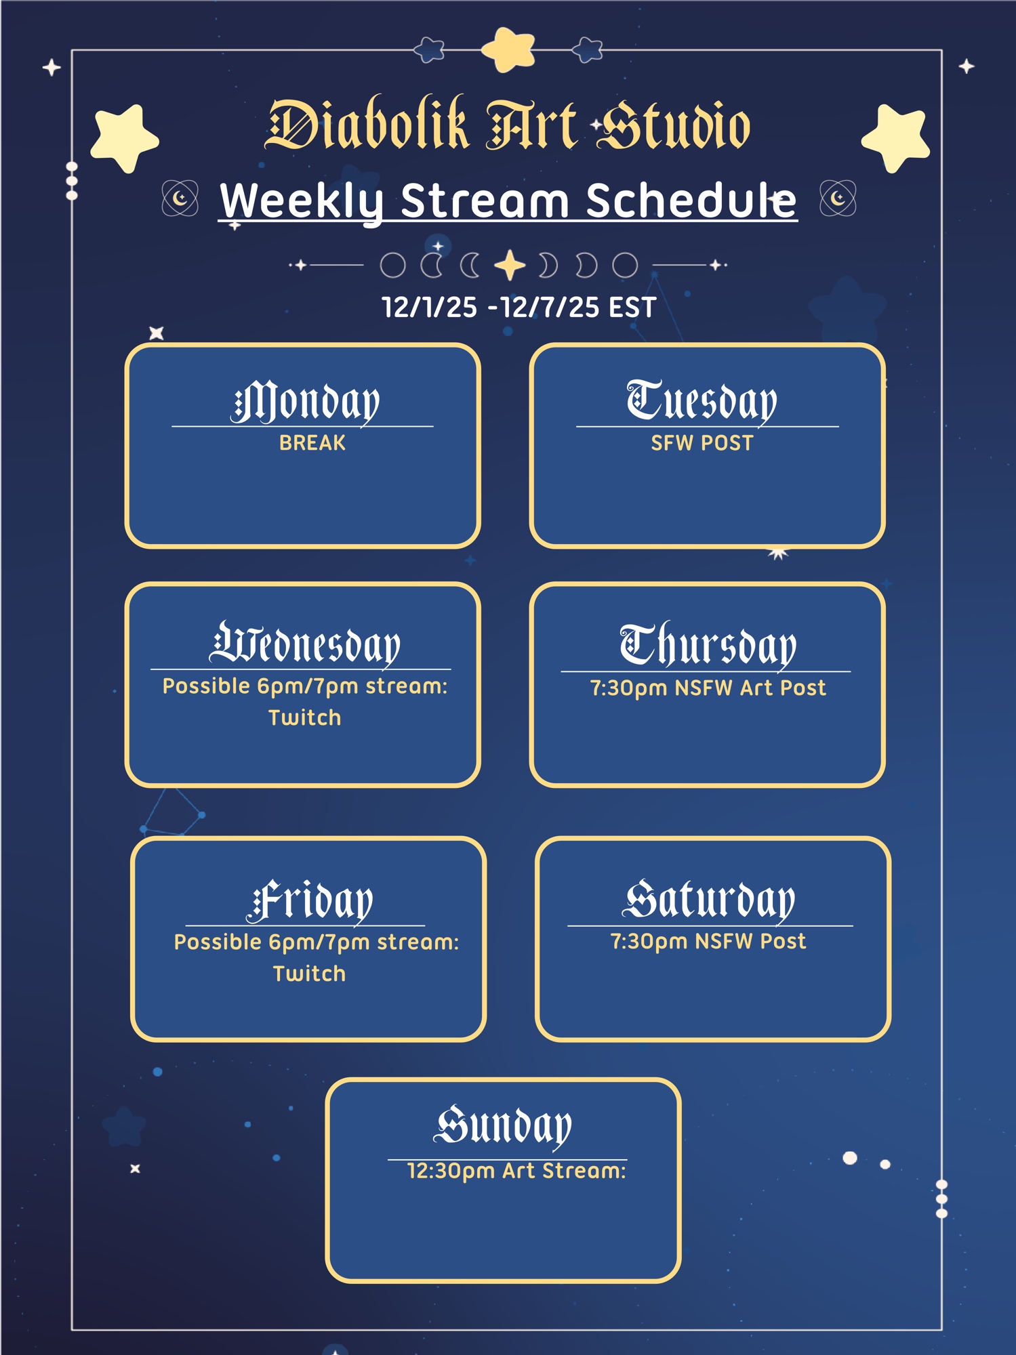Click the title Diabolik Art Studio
coord(508,125)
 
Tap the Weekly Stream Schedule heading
coord(508,201)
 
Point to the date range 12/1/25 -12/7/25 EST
coord(519,308)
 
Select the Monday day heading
coord(305,402)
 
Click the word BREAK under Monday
coord(312,443)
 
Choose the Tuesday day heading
coord(702,402)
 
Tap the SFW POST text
coord(702,443)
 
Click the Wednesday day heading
coord(305,644)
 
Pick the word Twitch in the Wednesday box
coord(305,717)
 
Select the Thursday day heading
coord(708,644)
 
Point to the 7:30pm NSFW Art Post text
coord(708,688)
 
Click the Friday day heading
coord(310,901)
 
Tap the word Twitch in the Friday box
coord(309,974)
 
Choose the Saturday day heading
coord(709,900)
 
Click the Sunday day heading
coord(503,1127)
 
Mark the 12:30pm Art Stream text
coord(516,1171)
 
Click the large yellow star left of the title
coord(125,138)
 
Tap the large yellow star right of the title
coord(896,138)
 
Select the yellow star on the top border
coord(508,49)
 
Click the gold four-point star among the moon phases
coord(510,265)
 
